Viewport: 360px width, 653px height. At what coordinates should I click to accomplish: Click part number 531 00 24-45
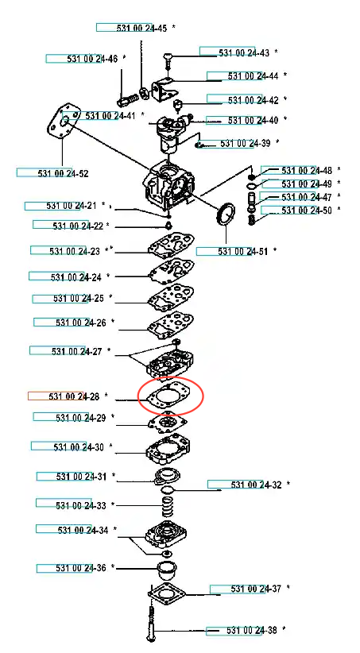tap(141, 29)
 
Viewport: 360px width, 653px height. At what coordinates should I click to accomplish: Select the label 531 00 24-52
tap(63, 173)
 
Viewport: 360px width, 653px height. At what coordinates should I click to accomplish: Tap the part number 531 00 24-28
tap(74, 396)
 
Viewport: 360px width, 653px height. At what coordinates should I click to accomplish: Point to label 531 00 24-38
tap(252, 630)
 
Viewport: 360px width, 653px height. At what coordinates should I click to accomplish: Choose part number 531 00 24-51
tap(243, 251)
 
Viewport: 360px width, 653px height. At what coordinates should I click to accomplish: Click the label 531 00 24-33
tap(81, 505)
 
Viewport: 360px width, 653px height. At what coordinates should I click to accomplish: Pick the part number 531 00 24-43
tap(244, 53)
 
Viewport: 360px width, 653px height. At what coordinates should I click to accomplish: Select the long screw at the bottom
tap(151, 623)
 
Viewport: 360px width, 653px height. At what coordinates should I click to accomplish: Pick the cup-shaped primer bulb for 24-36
tap(167, 570)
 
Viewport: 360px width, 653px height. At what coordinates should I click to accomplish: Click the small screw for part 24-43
tap(168, 60)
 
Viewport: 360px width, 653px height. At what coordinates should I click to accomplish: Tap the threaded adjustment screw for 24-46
tap(127, 100)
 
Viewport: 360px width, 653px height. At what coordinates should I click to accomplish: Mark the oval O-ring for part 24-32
tap(167, 489)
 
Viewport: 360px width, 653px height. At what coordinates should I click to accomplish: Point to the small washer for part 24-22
tap(168, 226)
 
